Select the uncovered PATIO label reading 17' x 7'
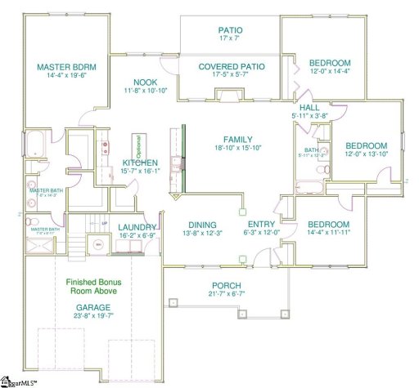[230, 30]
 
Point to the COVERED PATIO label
[230, 67]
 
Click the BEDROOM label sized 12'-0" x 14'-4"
[330, 63]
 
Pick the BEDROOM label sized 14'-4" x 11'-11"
[328, 225]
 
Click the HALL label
[309, 108]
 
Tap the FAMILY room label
[237, 140]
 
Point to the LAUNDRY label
[137, 228]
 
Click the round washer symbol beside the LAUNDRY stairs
[97, 243]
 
